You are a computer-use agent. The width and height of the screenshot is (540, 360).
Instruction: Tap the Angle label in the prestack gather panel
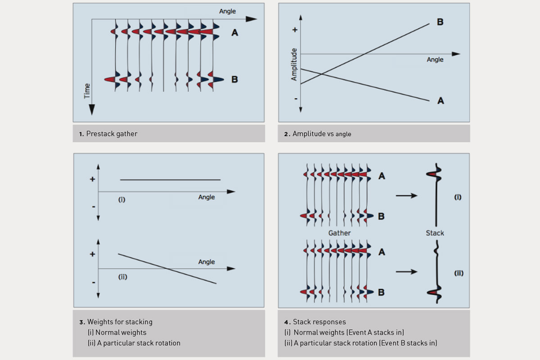pyautogui.click(x=227, y=11)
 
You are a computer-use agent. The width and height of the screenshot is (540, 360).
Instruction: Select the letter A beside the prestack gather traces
pyautogui.click(x=234, y=32)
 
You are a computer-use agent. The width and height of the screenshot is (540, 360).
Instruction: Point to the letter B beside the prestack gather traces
pyautogui.click(x=234, y=80)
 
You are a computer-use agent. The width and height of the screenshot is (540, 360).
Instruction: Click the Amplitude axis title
pyautogui.click(x=294, y=64)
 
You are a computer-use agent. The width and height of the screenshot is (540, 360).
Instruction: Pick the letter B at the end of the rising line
pyautogui.click(x=440, y=22)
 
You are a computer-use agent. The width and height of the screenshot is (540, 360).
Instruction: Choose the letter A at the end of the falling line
pyautogui.click(x=441, y=101)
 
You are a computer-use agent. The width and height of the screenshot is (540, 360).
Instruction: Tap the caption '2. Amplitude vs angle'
pyautogui.click(x=322, y=134)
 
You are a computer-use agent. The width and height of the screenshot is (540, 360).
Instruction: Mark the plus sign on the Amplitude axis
pyautogui.click(x=295, y=30)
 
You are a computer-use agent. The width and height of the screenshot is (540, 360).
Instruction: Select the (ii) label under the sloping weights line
pyautogui.click(x=123, y=277)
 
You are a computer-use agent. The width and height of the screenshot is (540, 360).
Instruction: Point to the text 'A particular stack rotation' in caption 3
pyautogui.click(x=138, y=343)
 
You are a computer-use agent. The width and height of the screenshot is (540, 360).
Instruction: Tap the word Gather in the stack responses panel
pyautogui.click(x=339, y=233)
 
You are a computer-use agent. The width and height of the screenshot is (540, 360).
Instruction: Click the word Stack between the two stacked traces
pyautogui.click(x=435, y=233)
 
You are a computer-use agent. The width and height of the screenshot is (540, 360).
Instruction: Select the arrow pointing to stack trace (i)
pyautogui.click(x=406, y=196)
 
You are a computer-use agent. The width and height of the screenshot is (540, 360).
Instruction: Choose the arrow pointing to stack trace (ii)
pyautogui.click(x=406, y=271)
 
